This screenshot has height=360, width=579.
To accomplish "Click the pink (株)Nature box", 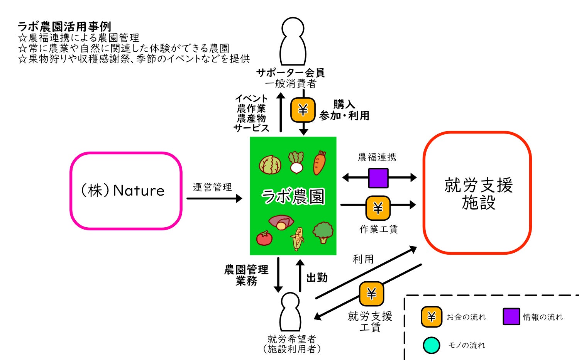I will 125,191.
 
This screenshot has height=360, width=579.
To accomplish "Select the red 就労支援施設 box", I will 477,193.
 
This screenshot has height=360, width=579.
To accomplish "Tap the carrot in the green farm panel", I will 320,163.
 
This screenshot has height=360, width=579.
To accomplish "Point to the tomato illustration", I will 264,238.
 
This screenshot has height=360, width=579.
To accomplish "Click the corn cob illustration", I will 298,238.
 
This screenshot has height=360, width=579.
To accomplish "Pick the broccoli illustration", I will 323,232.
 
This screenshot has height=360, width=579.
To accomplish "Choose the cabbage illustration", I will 270,165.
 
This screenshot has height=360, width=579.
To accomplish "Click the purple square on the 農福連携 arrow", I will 378,178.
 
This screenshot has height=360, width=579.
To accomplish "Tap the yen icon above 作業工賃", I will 378,208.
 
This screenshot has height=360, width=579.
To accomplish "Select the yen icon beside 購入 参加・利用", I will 303,110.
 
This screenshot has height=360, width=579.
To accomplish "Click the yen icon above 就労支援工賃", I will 371,294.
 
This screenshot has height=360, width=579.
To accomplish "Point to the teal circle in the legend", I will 431,345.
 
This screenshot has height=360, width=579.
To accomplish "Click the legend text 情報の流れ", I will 543,317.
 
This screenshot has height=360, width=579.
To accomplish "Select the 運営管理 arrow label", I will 212,188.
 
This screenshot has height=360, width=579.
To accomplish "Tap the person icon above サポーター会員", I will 293,41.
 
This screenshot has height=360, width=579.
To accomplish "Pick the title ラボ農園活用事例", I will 64,27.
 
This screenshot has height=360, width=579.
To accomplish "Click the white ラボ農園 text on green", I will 293,196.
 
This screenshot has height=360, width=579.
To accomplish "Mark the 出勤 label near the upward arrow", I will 317,277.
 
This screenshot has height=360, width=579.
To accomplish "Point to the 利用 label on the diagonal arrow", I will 363,259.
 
